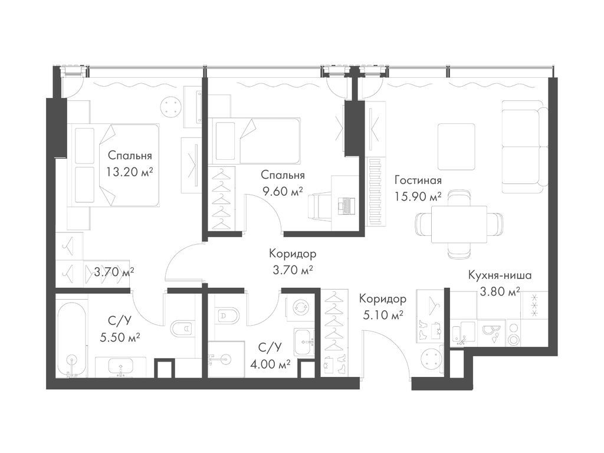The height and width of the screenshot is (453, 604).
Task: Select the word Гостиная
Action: coord(418,180)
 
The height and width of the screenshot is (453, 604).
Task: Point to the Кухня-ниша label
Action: coord(500,275)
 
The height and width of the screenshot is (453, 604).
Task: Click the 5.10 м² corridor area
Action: coord(383,315)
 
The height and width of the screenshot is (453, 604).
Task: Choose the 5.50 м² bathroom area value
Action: coord(119,337)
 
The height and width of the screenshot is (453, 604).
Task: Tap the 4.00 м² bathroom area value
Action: coord(270,363)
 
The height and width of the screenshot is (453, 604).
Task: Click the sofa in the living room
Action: coord(524,146)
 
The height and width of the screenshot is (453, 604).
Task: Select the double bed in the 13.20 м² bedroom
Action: coord(114,165)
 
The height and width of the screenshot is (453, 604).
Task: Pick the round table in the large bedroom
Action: coord(170,106)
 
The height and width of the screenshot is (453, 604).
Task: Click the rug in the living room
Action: coord(456,146)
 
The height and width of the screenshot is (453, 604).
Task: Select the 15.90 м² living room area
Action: coord(418,197)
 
